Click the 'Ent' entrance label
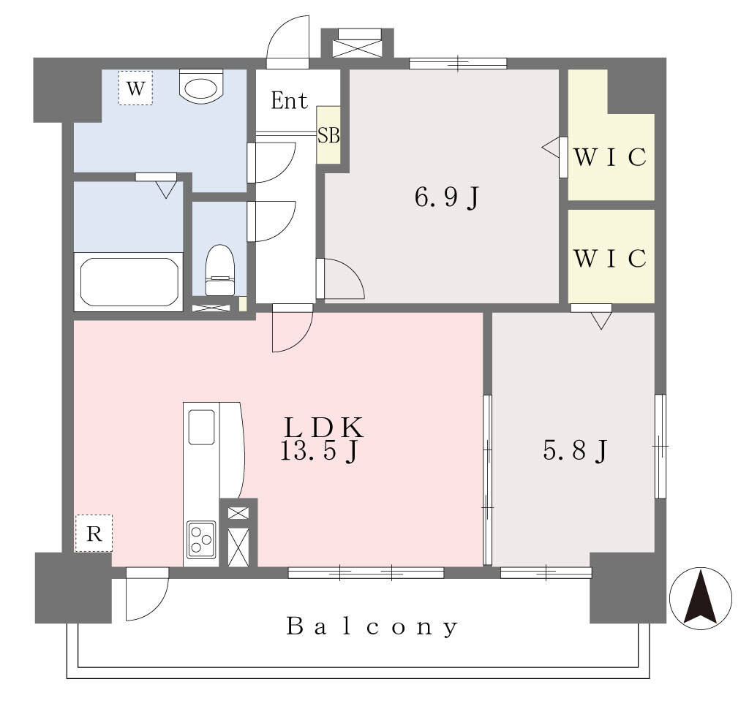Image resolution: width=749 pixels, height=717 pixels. click(289, 100)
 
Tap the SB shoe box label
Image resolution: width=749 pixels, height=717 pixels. click(328, 135)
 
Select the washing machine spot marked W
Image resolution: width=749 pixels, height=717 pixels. click(135, 88)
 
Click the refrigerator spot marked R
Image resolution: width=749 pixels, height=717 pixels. click(94, 534)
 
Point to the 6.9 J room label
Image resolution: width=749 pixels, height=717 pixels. click(447, 197)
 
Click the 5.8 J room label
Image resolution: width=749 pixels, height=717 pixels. click(575, 449)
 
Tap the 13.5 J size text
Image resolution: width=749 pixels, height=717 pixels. click(319, 451)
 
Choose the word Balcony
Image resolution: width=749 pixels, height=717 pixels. click(372, 626)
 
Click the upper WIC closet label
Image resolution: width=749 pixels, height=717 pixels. click(611, 157)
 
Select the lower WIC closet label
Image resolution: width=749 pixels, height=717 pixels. click(611, 258)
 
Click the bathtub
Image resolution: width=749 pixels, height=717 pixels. click(129, 282)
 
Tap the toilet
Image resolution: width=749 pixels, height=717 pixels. click(220, 270)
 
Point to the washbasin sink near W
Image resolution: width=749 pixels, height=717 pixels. click(202, 86)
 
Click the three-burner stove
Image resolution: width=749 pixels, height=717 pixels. click(201, 539)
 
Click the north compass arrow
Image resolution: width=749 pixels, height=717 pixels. click(700, 596)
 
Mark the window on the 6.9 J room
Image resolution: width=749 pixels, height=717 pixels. click(458, 63)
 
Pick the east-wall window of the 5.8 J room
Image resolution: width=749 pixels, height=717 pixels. click(660, 447)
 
